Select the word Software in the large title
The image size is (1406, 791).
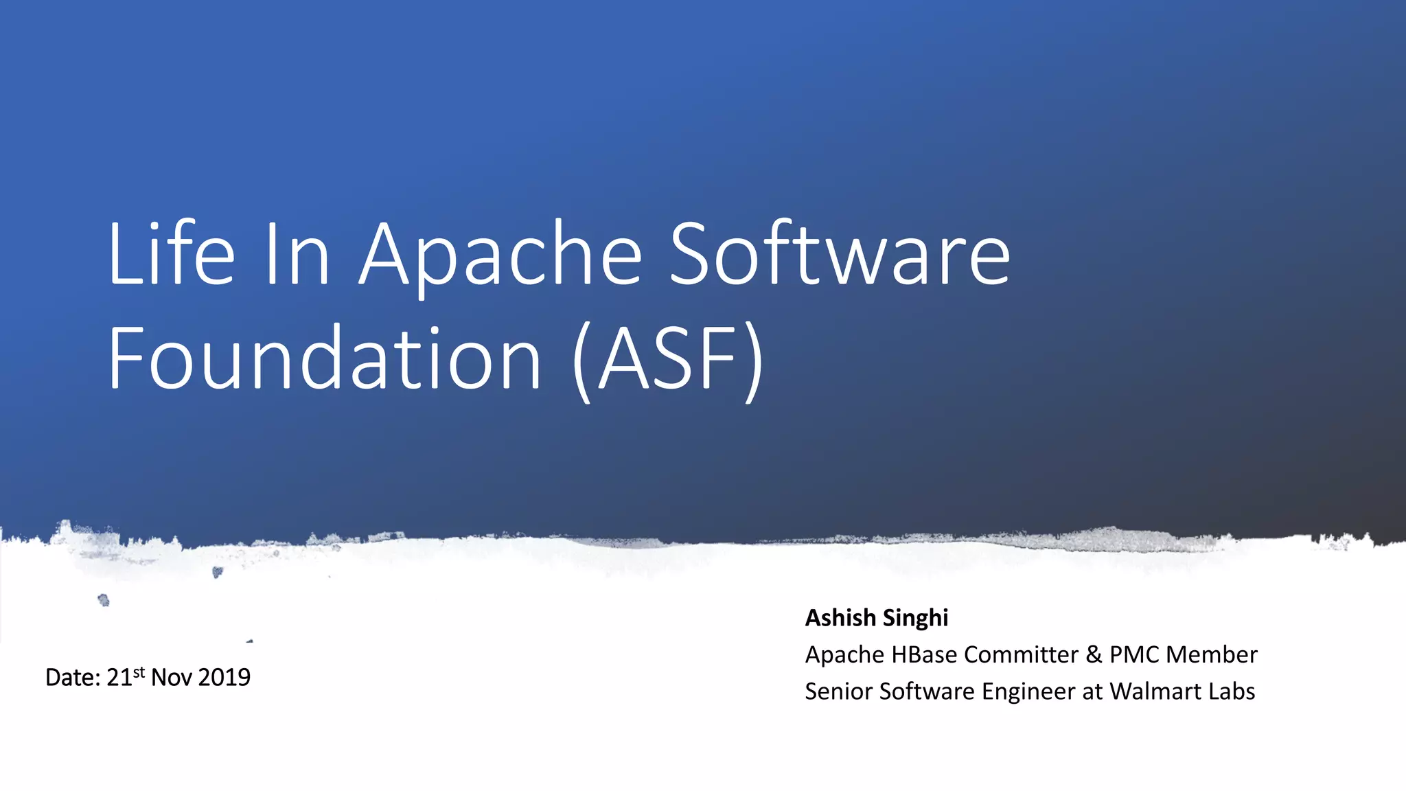(839, 254)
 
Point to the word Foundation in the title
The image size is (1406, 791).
(325, 359)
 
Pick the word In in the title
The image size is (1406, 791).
(297, 254)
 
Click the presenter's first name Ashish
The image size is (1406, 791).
(840, 618)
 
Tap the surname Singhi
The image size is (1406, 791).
(915, 618)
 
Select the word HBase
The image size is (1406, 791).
(924, 654)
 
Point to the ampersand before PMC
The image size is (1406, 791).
(1094, 654)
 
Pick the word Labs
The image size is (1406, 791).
(1232, 691)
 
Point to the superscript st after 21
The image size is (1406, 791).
(139, 672)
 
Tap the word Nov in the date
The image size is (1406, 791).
(171, 678)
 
